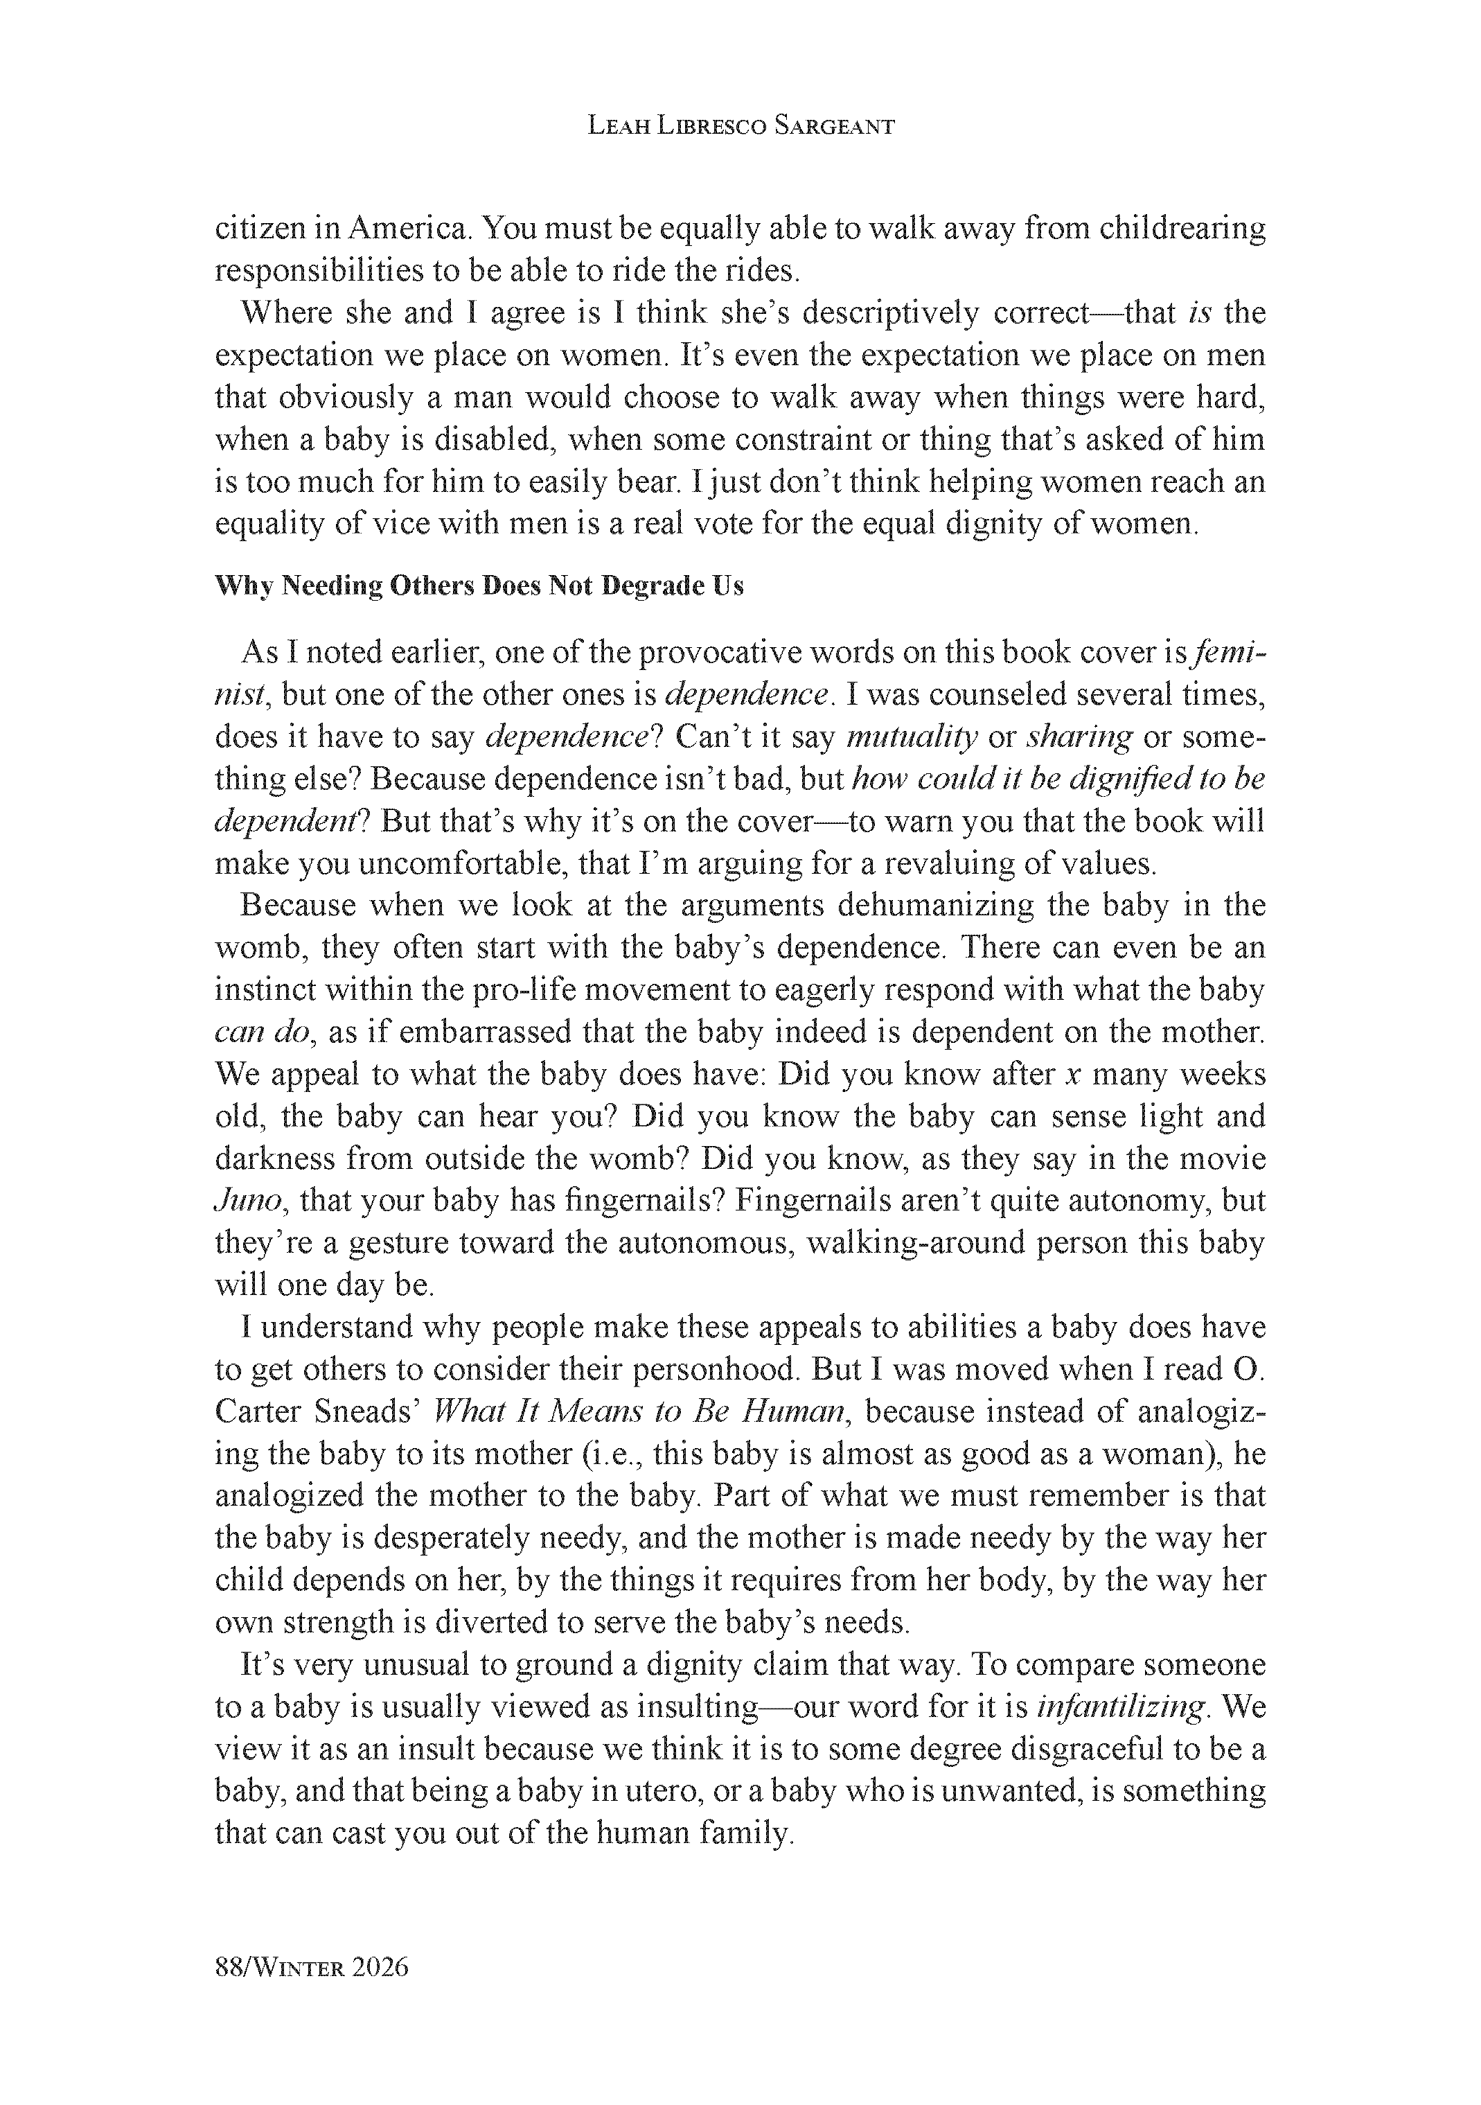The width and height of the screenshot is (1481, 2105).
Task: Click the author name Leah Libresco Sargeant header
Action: point(740,127)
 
